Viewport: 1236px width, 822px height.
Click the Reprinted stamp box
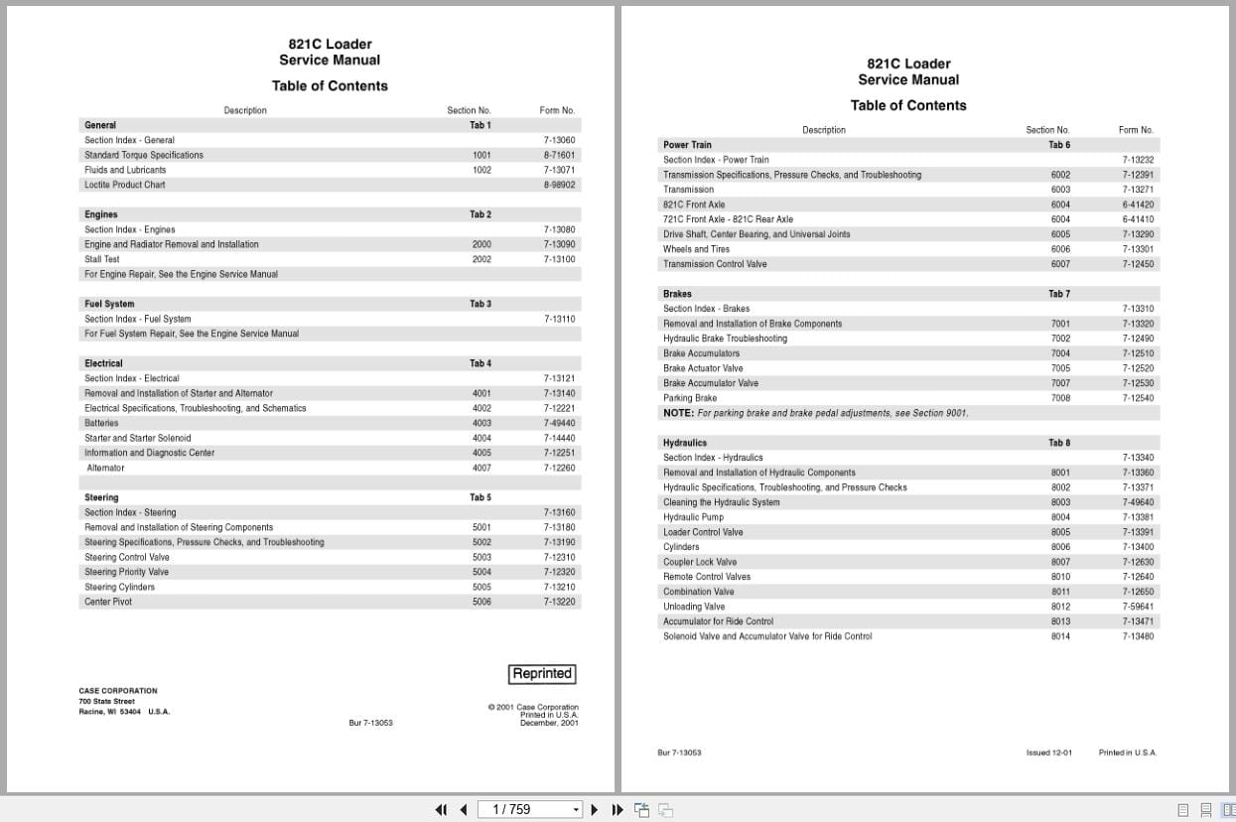[x=542, y=674]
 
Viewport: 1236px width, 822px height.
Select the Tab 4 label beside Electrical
[x=481, y=363]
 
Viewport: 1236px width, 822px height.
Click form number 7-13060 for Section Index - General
[x=559, y=140]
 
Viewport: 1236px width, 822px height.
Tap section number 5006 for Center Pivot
[x=481, y=602]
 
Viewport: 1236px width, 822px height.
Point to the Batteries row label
[x=101, y=423]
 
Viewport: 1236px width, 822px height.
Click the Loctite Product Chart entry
[x=125, y=185]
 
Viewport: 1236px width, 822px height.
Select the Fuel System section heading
[x=109, y=304]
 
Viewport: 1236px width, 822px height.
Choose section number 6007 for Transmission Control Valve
[x=1060, y=264]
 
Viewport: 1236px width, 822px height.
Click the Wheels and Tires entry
[x=696, y=249]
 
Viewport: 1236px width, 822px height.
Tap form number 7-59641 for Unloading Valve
[x=1138, y=607]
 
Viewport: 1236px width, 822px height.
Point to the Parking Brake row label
[x=690, y=398]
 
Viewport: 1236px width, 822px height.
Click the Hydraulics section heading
[x=685, y=443]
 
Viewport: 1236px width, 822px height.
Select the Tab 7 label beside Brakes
[x=1059, y=294]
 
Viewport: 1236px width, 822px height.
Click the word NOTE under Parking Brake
[x=678, y=413]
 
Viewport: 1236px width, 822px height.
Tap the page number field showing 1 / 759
[x=526, y=809]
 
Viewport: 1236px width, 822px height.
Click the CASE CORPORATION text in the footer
[x=118, y=691]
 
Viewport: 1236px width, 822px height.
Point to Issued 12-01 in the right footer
[x=1048, y=753]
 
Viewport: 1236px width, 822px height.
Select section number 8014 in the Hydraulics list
[x=1060, y=636]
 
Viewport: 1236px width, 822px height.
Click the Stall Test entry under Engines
[x=102, y=259]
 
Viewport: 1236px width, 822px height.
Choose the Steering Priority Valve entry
[x=126, y=572]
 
